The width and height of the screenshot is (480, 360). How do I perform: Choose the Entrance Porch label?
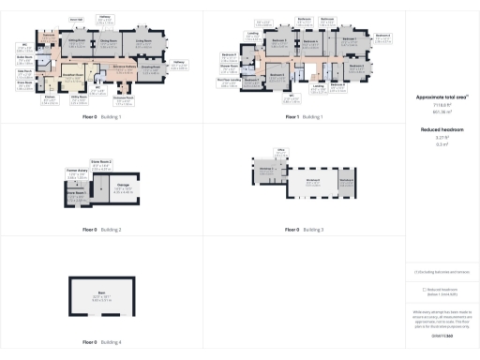(x=123, y=98)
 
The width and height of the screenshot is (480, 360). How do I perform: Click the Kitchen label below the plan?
(x=49, y=97)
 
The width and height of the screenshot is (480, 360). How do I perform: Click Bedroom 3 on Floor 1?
(x=278, y=41)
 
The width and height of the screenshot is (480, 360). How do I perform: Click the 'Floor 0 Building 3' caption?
(x=304, y=229)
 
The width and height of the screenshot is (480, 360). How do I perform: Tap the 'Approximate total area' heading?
(x=442, y=97)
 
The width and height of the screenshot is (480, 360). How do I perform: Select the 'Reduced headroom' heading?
(x=442, y=130)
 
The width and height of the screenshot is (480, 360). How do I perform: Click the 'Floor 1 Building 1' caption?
(x=304, y=116)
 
